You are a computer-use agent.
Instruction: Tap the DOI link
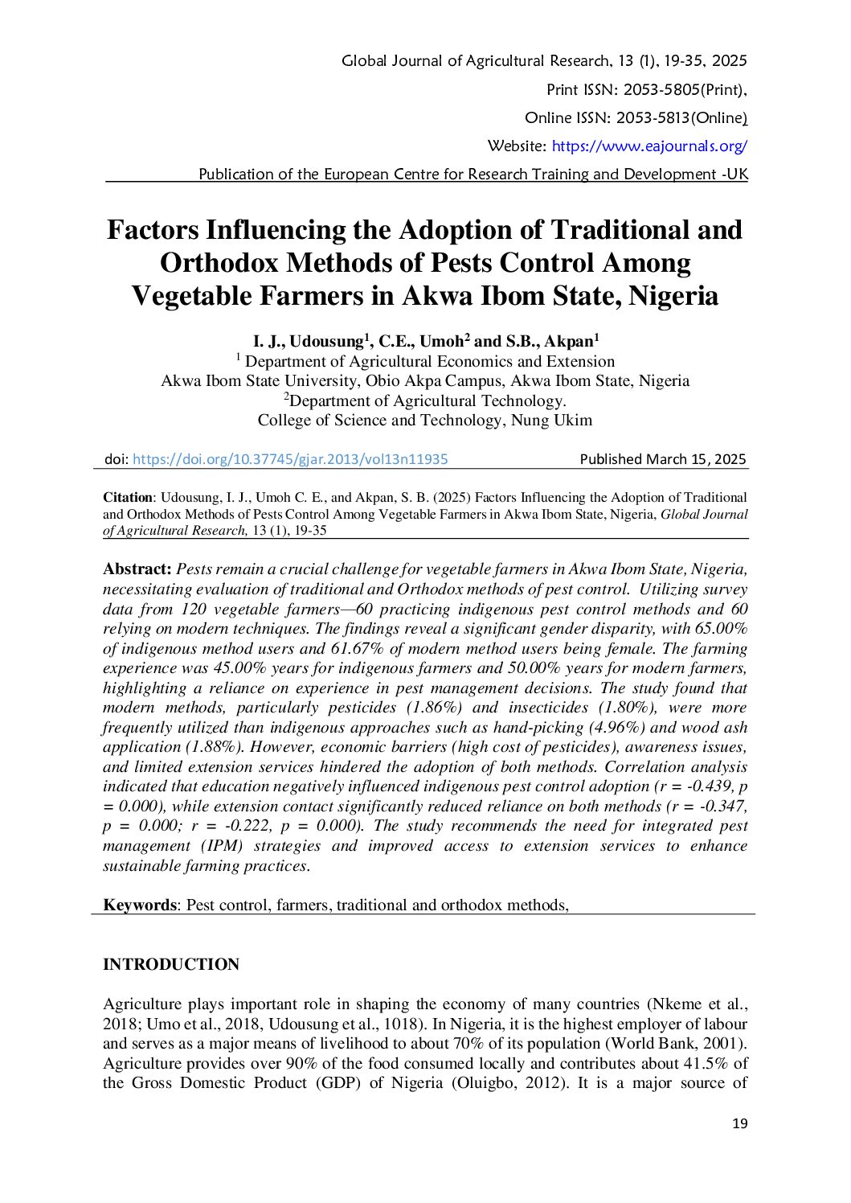click(290, 459)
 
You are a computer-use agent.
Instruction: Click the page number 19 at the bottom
click(739, 1123)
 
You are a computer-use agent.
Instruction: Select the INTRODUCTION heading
click(171, 964)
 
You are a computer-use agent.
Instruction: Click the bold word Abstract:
click(137, 569)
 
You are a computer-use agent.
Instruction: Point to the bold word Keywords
click(139, 905)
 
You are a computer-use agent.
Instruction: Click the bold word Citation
click(128, 498)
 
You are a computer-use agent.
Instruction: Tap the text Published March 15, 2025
click(663, 459)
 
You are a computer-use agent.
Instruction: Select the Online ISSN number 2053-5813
click(653, 118)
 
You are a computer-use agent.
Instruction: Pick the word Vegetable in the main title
click(190, 296)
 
